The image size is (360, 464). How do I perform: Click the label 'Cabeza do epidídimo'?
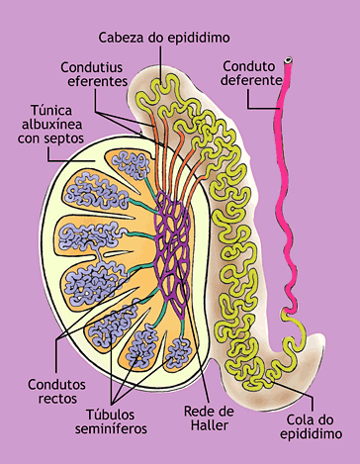tap(163, 38)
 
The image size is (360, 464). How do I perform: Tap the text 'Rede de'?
tap(208, 411)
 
